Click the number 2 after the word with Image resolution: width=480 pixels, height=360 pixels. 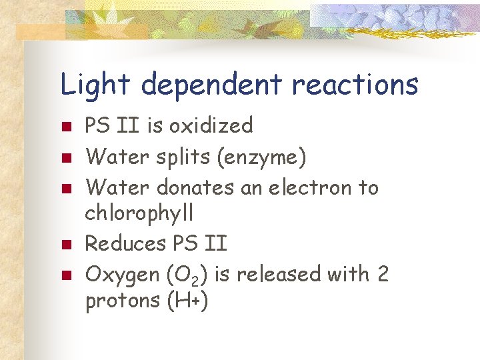pyautogui.click(x=382, y=273)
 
